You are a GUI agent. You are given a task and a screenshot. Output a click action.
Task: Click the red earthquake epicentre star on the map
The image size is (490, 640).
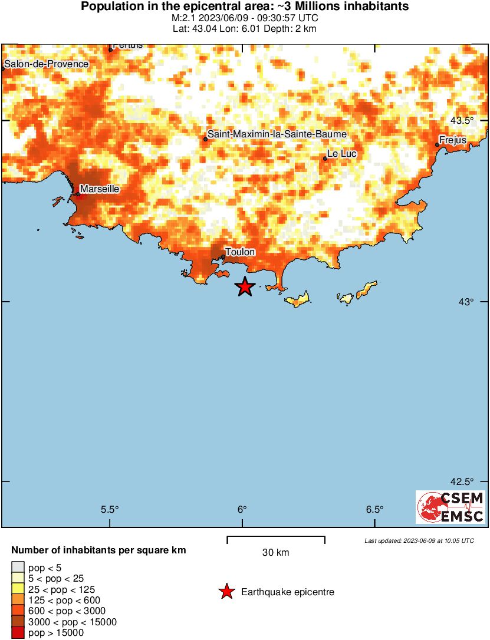click(x=245, y=287)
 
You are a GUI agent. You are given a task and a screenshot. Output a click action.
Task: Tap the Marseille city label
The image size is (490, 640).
click(x=100, y=189)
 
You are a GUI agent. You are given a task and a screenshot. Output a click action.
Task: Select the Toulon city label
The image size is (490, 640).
click(x=241, y=252)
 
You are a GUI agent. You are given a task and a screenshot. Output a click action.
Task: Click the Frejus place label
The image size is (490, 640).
click(x=453, y=140)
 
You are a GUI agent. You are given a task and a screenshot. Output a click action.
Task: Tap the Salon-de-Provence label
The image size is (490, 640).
click(x=46, y=64)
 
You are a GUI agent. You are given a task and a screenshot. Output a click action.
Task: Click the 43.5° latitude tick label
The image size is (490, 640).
click(x=462, y=121)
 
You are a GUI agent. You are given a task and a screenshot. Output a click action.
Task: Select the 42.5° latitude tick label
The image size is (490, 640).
click(x=462, y=481)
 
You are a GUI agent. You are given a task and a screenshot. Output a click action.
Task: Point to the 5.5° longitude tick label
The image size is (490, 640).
click(x=110, y=510)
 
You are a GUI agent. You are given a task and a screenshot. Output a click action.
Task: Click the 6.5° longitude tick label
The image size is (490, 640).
click(x=374, y=510)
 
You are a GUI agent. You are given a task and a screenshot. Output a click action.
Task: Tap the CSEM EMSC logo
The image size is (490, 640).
click(x=450, y=507)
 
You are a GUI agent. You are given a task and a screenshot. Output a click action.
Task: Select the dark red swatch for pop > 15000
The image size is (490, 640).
click(x=18, y=633)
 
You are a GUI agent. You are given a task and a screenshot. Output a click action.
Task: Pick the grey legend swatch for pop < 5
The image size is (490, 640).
click(x=18, y=568)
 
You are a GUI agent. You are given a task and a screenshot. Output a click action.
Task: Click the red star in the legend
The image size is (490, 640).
click(x=226, y=592)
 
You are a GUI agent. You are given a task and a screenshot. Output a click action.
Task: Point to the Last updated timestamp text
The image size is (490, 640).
click(x=419, y=540)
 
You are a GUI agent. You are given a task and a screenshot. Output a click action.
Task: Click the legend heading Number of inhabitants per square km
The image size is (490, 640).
click(x=99, y=550)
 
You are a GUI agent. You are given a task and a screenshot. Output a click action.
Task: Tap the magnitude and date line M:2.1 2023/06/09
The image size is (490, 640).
click(x=245, y=18)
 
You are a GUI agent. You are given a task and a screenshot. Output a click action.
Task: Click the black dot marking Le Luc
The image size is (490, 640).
click(x=325, y=158)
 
